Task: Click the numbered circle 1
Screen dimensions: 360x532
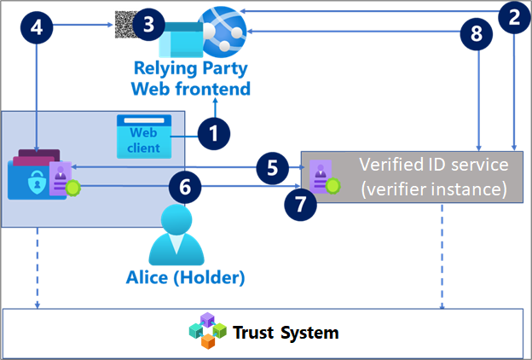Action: pyautogui.click(x=215, y=133)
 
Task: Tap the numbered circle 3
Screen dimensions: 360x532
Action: pyautogui.click(x=148, y=24)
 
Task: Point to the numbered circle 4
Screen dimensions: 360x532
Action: pyautogui.click(x=36, y=26)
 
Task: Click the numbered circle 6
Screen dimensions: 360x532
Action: pyautogui.click(x=186, y=184)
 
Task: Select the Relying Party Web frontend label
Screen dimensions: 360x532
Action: pyautogui.click(x=190, y=78)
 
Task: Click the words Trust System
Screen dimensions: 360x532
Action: pyautogui.click(x=286, y=333)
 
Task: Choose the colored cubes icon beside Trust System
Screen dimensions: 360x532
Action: pyautogui.click(x=208, y=331)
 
